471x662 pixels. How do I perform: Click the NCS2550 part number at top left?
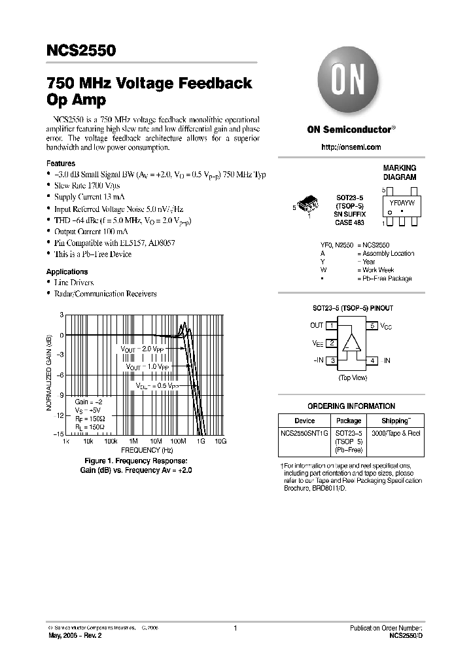point(81,50)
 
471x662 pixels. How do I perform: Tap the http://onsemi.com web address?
point(351,147)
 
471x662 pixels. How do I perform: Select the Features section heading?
point(61,164)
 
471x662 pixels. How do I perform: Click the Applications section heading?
point(67,271)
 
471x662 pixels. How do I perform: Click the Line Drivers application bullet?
point(73,283)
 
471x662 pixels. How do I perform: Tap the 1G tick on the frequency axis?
point(200,442)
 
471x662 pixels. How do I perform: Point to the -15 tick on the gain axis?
point(58,434)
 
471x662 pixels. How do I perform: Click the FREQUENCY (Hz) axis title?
point(147,450)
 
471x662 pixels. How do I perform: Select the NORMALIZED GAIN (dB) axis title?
point(49,374)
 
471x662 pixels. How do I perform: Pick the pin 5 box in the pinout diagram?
point(372,325)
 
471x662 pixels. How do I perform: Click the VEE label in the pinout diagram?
point(317,342)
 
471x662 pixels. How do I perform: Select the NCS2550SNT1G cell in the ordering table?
point(304,433)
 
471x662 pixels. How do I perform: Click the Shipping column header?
point(396,421)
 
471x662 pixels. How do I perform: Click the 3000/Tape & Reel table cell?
point(396,433)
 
